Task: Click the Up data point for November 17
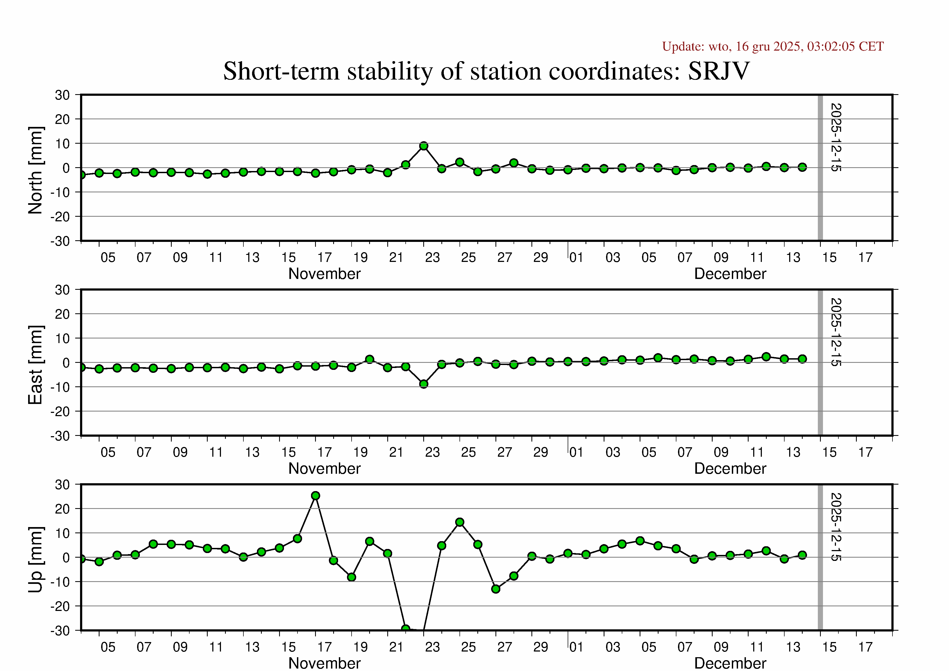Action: point(315,496)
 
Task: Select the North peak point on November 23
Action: point(424,146)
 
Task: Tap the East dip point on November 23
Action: point(424,384)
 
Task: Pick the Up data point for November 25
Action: point(459,522)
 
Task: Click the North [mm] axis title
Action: point(35,170)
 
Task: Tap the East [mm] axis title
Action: point(35,365)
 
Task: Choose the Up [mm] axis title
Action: point(35,559)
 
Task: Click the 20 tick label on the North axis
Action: point(62,120)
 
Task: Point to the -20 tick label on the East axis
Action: point(60,411)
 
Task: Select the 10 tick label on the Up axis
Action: point(62,533)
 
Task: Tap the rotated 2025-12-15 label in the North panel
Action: point(836,137)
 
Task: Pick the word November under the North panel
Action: point(325,274)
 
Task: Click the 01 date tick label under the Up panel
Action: point(576,647)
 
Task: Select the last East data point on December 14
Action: point(802,359)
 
